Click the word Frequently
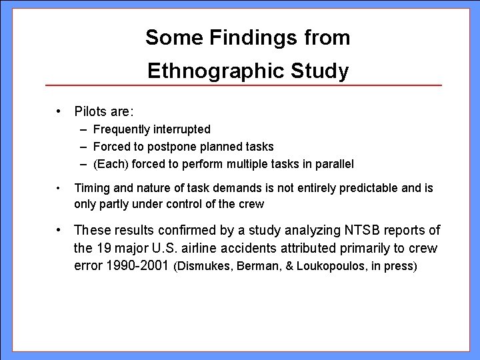[x=125, y=129]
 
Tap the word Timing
[x=90, y=189]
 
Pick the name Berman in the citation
[x=254, y=267]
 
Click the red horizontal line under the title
[x=243, y=86]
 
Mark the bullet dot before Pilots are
[x=60, y=109]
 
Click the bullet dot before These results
[x=60, y=231]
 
